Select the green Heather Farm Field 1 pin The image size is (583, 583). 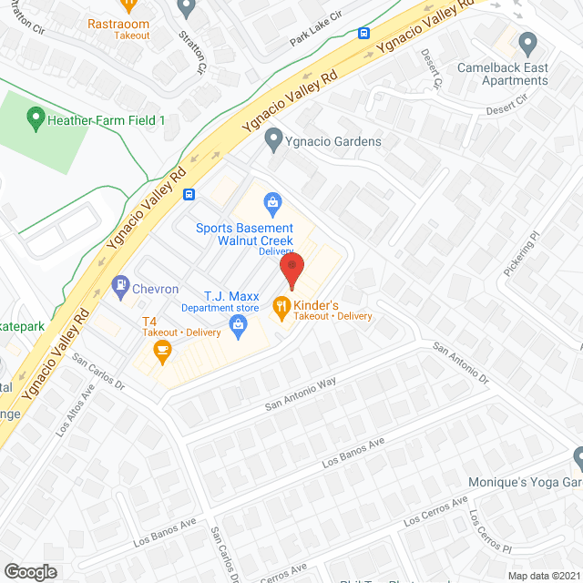(x=36, y=118)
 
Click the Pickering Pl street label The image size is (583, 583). (x=521, y=254)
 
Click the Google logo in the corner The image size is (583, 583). (x=30, y=571)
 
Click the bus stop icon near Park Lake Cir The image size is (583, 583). (x=363, y=35)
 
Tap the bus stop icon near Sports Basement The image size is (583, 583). (x=189, y=193)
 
